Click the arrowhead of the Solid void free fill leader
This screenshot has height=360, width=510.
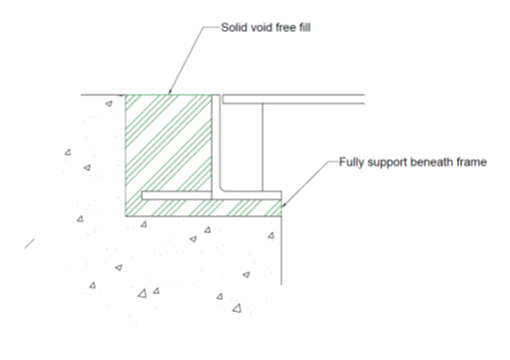click(x=171, y=92)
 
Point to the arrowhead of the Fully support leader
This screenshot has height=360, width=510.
click(x=283, y=205)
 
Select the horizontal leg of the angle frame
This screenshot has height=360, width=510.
click(x=210, y=194)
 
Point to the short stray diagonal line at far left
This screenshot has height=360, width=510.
click(x=33, y=241)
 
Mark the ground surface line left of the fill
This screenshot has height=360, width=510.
click(x=100, y=95)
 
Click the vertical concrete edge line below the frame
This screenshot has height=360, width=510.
click(x=283, y=249)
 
